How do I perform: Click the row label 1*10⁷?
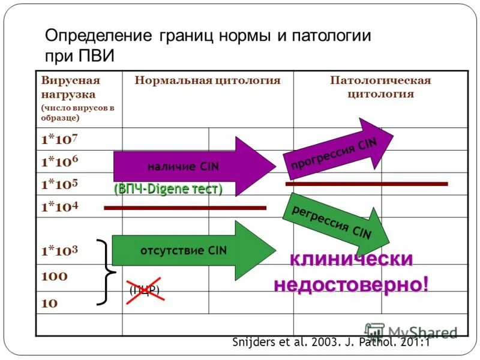click(59, 139)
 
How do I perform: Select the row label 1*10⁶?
click(59, 161)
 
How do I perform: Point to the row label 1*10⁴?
click(59, 207)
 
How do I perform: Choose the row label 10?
click(50, 303)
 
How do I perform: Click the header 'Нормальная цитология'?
click(208, 80)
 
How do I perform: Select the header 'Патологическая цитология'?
click(380, 87)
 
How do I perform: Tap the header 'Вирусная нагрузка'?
click(70, 87)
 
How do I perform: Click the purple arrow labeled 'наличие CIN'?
click(192, 166)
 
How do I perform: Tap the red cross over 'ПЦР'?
click(145, 290)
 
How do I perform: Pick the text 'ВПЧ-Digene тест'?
click(168, 189)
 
